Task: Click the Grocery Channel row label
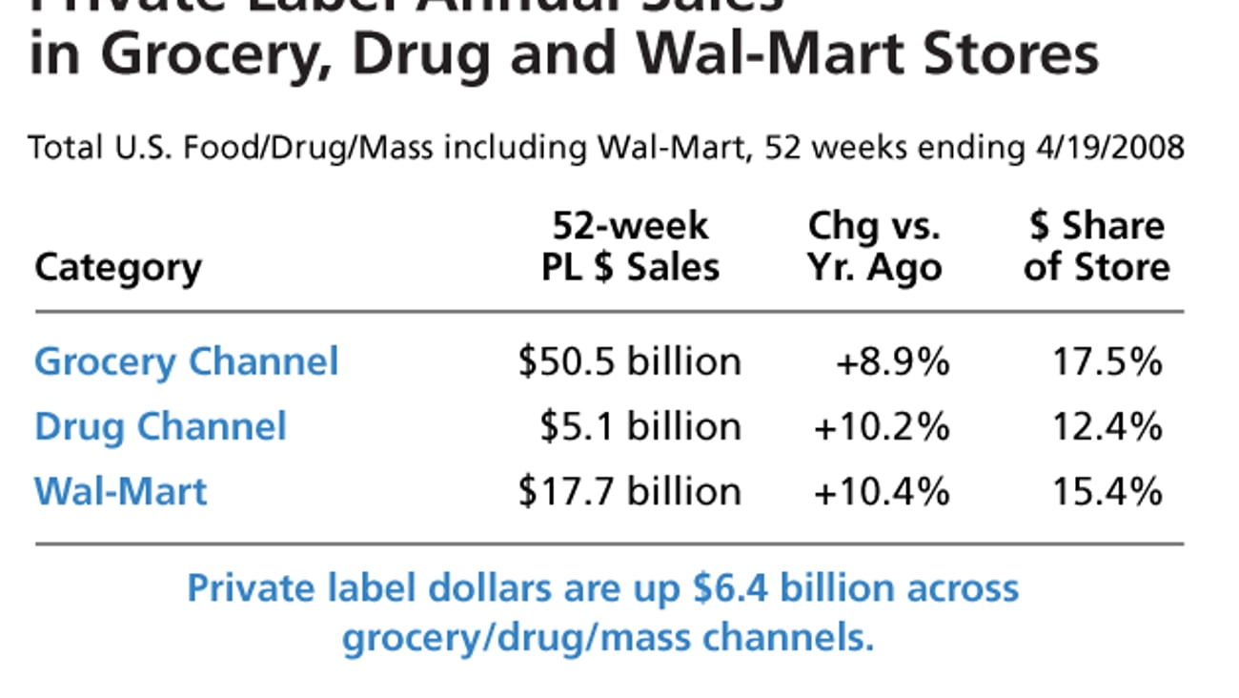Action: [x=186, y=362]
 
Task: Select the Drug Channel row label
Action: [x=160, y=426]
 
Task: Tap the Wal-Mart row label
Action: [x=120, y=491]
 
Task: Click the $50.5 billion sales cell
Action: [x=629, y=362]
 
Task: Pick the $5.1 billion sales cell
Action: [x=640, y=426]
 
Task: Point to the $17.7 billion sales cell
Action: [x=629, y=491]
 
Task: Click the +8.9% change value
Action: [x=892, y=362]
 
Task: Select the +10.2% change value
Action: [x=882, y=426]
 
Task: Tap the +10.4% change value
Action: [x=882, y=491]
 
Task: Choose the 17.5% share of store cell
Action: [x=1107, y=362]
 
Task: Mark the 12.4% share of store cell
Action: [x=1107, y=426]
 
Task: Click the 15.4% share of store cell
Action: [x=1107, y=491]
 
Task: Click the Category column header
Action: [x=118, y=267]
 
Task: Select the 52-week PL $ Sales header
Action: [x=630, y=247]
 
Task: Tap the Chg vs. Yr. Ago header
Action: [x=874, y=247]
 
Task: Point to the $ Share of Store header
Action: [x=1096, y=247]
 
